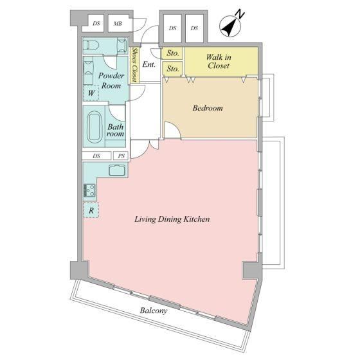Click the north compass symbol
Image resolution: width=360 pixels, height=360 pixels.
(231, 25)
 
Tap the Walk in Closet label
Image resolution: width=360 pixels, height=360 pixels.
(219, 61)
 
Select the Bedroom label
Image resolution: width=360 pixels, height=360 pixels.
(208, 108)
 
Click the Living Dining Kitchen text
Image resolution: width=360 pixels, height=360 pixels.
(172, 219)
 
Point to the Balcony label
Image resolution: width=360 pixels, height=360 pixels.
(154, 310)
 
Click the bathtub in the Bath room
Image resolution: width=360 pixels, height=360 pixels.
(94, 126)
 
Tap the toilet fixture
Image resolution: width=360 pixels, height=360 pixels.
(91, 45)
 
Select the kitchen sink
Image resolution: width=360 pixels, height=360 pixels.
(117, 170)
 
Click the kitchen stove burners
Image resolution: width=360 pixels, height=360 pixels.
(89, 190)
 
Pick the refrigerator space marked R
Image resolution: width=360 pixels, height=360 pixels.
(91, 210)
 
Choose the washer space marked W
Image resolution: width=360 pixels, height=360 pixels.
(91, 93)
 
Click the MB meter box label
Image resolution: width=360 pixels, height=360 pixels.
(118, 23)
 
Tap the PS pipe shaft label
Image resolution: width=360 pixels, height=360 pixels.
(122, 156)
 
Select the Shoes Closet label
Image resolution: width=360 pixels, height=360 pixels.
(134, 65)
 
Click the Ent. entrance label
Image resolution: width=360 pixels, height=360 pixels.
(148, 64)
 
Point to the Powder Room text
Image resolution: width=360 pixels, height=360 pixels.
(111, 80)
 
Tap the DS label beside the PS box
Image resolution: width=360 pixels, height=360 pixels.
(96, 156)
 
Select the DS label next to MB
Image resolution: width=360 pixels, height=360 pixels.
(96, 23)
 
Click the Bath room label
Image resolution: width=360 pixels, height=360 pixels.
(115, 130)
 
